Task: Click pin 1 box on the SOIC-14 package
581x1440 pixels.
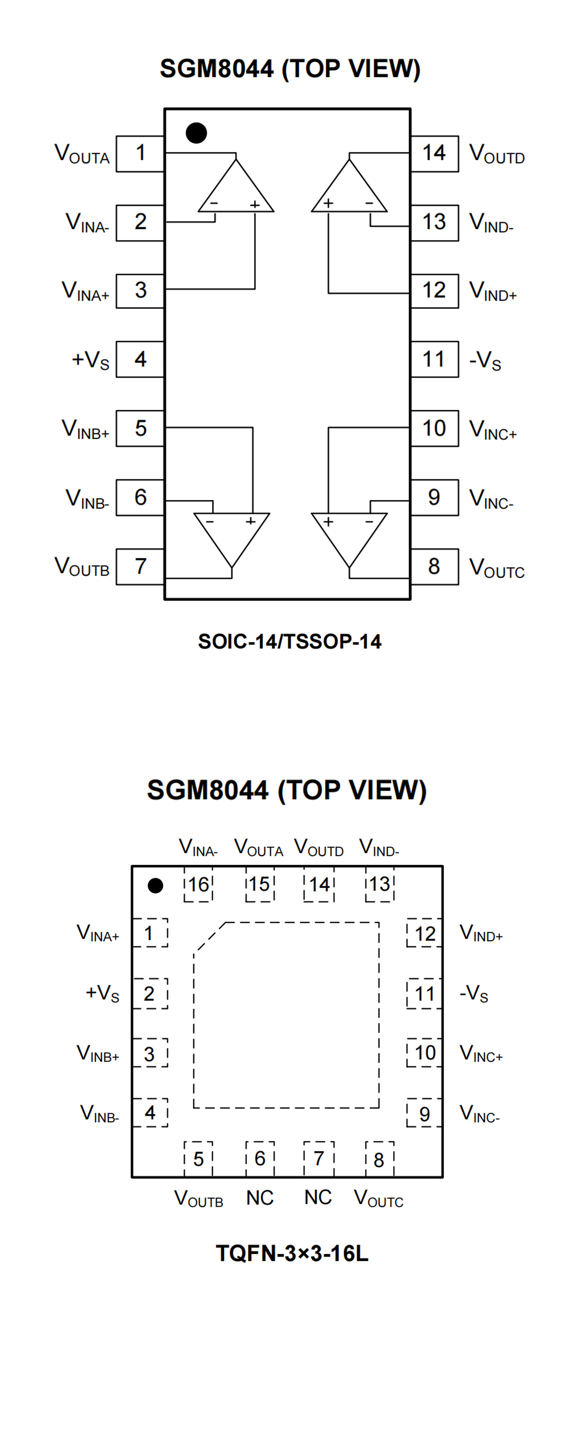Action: click(140, 153)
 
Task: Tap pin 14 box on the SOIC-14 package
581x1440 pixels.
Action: click(434, 153)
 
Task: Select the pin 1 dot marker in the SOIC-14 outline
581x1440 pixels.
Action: click(196, 133)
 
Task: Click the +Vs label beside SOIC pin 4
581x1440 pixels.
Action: click(90, 359)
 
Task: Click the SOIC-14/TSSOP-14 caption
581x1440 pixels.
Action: click(290, 641)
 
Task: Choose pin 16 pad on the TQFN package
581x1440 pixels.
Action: click(198, 884)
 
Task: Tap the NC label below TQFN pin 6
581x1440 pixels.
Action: click(260, 1198)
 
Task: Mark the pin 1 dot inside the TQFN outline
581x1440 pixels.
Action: click(155, 886)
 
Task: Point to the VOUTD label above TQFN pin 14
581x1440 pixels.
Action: click(318, 848)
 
